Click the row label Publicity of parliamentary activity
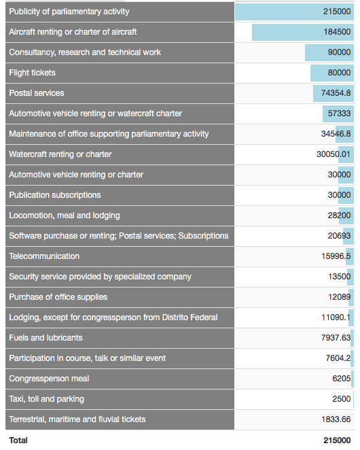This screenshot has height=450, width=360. point(69,12)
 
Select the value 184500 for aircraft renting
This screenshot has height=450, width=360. point(337,31)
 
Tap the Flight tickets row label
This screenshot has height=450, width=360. point(32,73)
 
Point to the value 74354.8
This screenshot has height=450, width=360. point(336,93)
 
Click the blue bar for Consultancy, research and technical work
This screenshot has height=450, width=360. point(329,52)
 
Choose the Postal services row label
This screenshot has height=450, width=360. point(37,93)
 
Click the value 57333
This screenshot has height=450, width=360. point(339,114)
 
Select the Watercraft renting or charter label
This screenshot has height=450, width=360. point(60,154)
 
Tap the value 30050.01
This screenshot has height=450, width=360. point(334,154)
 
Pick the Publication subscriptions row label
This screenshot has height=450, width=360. point(55,195)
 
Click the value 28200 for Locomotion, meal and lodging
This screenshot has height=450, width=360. point(339,215)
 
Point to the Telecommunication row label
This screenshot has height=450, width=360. point(44,256)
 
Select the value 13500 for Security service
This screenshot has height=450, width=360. point(340,277)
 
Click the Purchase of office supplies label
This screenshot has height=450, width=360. point(58,297)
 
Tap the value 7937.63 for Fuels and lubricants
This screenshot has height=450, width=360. point(336,338)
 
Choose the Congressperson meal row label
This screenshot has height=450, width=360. point(49,379)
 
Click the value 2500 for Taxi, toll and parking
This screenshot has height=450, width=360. point(342,399)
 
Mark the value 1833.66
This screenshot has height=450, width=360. point(336,419)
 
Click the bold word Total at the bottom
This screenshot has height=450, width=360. point(18,440)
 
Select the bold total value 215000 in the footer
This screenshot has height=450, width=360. point(337,440)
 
